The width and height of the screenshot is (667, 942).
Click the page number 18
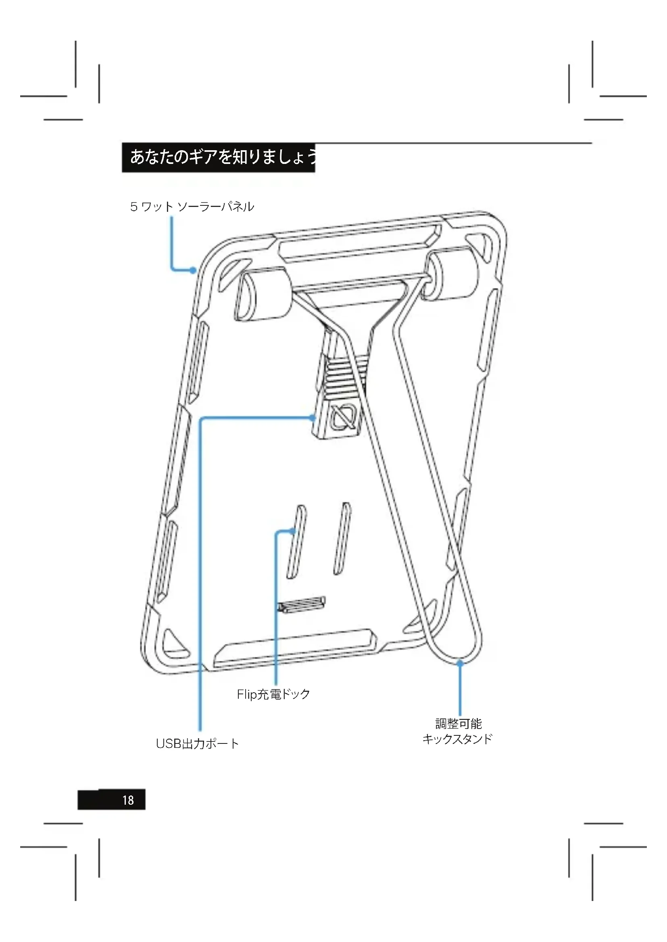(128, 800)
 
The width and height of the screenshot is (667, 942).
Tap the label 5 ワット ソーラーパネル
(192, 207)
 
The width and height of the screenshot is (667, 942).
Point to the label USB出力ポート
(197, 744)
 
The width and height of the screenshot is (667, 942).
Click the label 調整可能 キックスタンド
(458, 731)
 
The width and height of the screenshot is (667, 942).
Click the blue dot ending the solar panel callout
(193, 270)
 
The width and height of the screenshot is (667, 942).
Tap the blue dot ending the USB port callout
(313, 418)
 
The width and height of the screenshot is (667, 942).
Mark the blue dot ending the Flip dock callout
(292, 531)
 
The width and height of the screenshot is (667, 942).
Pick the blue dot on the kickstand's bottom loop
(460, 663)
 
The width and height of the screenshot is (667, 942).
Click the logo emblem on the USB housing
(344, 418)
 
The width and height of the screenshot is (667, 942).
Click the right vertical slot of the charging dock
(342, 538)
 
